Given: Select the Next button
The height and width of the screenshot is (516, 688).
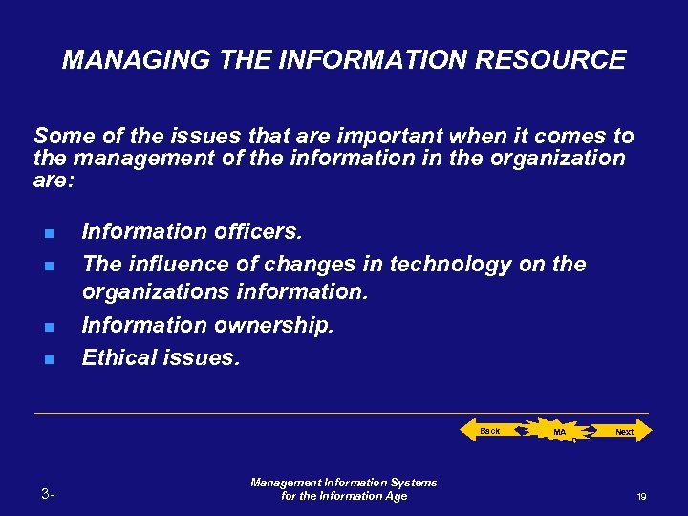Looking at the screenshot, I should tap(623, 432).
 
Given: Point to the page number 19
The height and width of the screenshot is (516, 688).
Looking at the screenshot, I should tap(642, 497).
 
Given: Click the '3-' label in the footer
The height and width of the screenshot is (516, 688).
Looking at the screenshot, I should tap(49, 494).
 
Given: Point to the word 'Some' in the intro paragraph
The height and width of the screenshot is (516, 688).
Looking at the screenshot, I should tap(61, 137).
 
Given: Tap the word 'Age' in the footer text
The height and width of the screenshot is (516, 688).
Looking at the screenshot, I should tap(395, 496).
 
